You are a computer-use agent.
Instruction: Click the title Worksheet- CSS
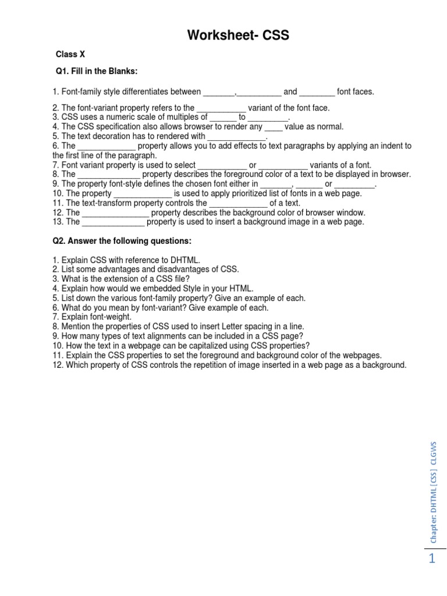point(237,36)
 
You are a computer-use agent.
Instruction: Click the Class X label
point(70,54)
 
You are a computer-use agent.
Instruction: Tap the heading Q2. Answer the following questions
point(122,241)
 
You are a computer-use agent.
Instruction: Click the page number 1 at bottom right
point(431,559)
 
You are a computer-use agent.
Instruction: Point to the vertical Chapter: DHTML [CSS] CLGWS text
point(434,492)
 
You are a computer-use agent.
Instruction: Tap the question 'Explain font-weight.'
point(92,317)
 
